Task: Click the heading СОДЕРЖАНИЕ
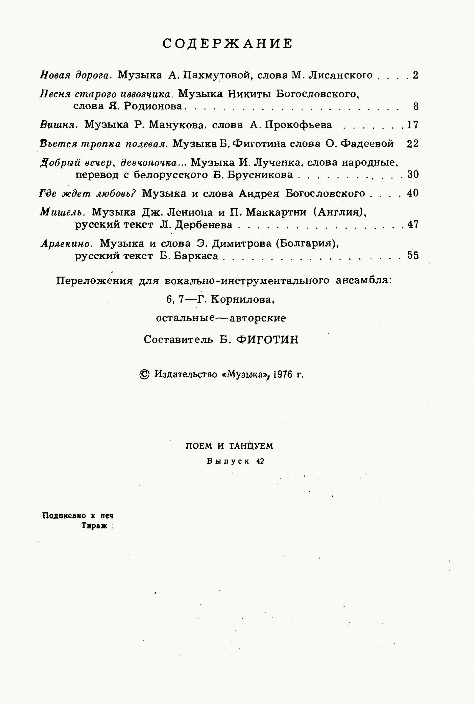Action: pos(227,44)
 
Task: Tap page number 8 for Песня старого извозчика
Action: pos(415,106)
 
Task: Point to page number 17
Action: pos(412,125)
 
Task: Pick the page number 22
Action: pos(412,144)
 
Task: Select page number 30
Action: pos(413,174)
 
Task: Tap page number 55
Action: pos(413,255)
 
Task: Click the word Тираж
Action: pos(95,526)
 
